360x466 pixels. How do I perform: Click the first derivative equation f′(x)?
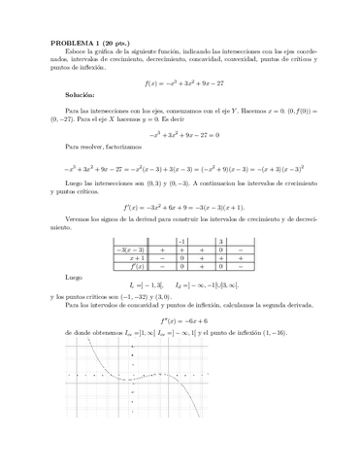click(179, 207)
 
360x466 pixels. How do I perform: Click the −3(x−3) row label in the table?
click(130, 250)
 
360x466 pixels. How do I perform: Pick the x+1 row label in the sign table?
click(130, 258)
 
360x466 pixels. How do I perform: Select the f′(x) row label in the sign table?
click(130, 267)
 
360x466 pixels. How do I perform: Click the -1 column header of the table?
click(181, 240)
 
